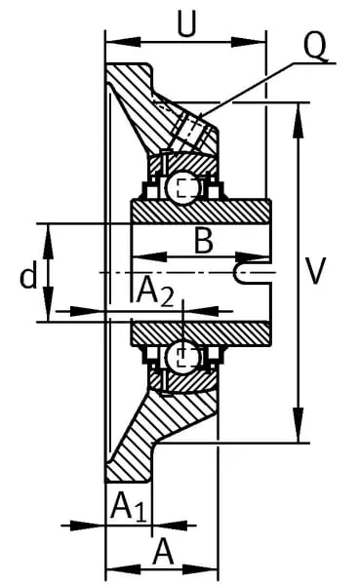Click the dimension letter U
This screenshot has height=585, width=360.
(x=186, y=24)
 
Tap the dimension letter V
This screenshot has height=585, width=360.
(x=316, y=270)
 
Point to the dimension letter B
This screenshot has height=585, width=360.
(x=204, y=241)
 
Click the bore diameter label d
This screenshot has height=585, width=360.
(x=28, y=275)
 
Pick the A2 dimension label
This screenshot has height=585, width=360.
(x=155, y=292)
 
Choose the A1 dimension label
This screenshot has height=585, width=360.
(x=128, y=506)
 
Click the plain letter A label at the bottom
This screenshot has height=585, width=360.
(x=163, y=552)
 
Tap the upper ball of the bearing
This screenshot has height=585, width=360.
(x=183, y=187)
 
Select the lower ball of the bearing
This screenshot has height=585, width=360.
(x=183, y=358)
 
